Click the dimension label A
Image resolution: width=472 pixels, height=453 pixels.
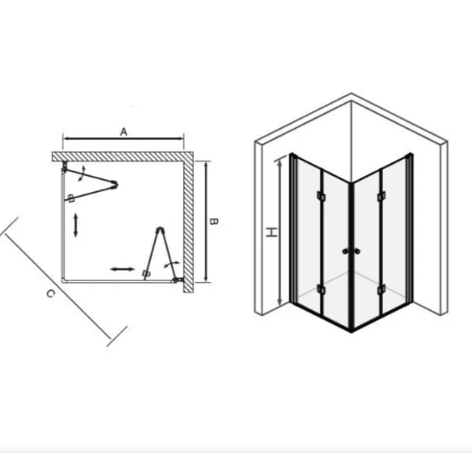pos(123,132)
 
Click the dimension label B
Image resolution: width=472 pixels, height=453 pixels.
pos(214,222)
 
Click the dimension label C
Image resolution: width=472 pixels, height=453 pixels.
pos(51,293)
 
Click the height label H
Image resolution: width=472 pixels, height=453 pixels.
pos(272,232)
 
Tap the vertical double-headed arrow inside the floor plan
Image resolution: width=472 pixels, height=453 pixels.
pos(76,224)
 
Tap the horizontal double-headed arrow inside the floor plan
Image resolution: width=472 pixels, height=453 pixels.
pos(122,269)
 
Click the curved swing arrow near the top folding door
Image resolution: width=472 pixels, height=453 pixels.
pos(82,173)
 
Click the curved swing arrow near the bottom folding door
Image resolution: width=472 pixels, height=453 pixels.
pos(171,264)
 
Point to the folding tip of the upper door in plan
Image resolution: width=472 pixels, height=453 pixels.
pos(115,184)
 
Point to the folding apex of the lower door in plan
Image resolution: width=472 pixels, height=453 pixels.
pos(160,230)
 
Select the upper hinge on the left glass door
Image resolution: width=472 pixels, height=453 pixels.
pos(321,196)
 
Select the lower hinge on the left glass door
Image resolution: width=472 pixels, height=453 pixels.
pos(321,290)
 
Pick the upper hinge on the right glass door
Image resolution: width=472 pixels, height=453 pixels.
pos(382,196)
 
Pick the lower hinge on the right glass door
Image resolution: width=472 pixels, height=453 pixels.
pos(382,290)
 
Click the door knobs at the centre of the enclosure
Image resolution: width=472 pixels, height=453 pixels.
pos(351,251)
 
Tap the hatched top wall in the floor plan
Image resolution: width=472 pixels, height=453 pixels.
pos(123,156)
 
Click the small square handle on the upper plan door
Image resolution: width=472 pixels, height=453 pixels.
pos(71,198)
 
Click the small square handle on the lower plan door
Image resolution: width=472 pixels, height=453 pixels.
pos(146,273)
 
